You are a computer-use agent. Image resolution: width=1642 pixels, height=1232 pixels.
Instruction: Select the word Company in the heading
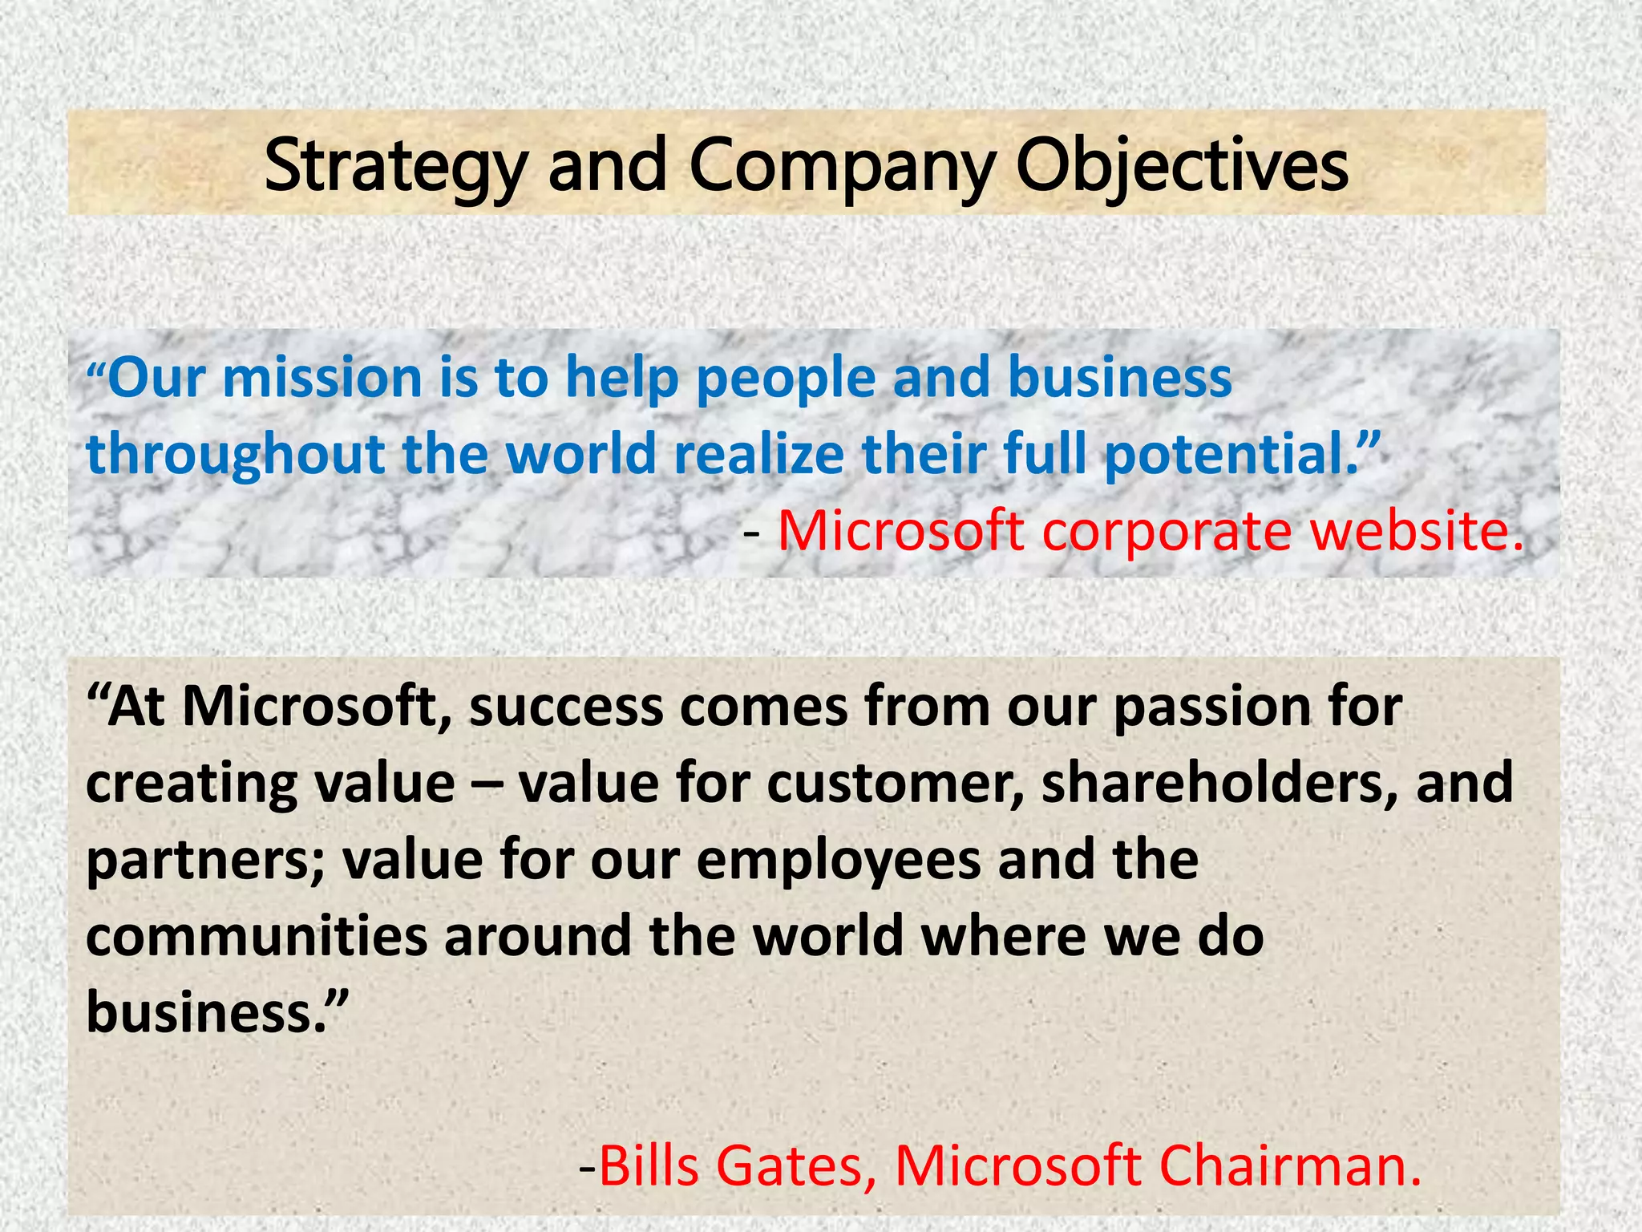click(842, 167)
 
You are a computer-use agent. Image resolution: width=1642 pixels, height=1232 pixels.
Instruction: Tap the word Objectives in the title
click(1183, 167)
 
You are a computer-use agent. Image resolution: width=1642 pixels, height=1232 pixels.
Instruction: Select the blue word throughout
click(236, 455)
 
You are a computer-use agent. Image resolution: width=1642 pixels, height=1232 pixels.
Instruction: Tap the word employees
click(839, 860)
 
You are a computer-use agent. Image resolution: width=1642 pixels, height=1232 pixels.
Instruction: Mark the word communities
click(257, 936)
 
